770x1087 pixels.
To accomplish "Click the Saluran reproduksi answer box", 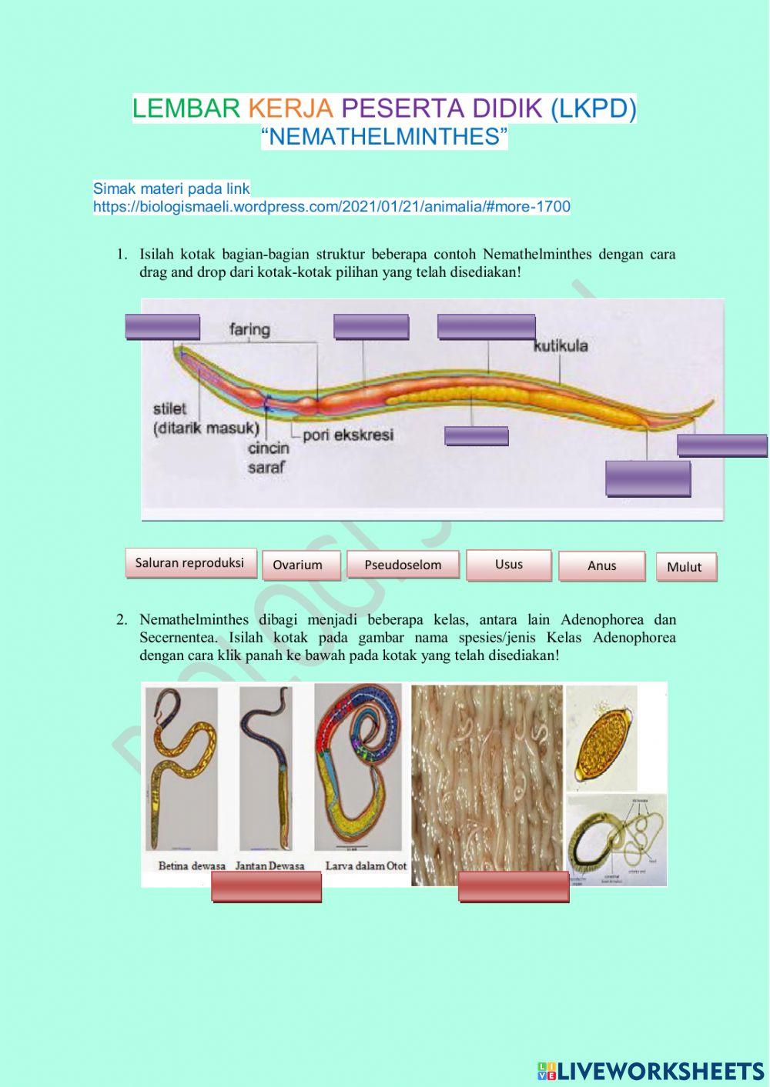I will tap(189, 563).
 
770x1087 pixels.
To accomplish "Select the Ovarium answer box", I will tap(297, 565).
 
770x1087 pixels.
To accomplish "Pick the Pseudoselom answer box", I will tap(403, 565).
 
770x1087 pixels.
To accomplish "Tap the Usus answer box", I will tap(509, 565).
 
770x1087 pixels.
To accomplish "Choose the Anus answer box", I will tap(601, 565).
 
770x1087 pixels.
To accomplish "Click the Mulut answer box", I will tap(685, 567).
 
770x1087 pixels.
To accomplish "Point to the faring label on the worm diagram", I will tap(249, 330).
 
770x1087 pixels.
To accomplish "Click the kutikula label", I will tap(561, 346).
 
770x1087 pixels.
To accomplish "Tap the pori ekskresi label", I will tap(347, 435).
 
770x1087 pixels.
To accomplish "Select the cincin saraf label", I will tap(269, 457).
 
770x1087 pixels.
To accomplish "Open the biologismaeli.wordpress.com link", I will tap(332, 207).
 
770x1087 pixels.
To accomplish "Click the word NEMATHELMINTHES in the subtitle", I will tap(385, 137).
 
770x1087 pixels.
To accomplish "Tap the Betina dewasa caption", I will tap(192, 866).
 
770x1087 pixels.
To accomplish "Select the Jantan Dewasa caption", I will tap(269, 866).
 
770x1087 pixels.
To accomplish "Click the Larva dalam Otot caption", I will tap(366, 866).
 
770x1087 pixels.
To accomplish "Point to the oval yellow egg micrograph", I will tap(604, 739).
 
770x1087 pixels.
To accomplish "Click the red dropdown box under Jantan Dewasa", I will tap(266, 888).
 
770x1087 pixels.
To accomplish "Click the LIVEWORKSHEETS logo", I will tap(651, 1070).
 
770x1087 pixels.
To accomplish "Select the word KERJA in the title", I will tap(290, 108).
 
